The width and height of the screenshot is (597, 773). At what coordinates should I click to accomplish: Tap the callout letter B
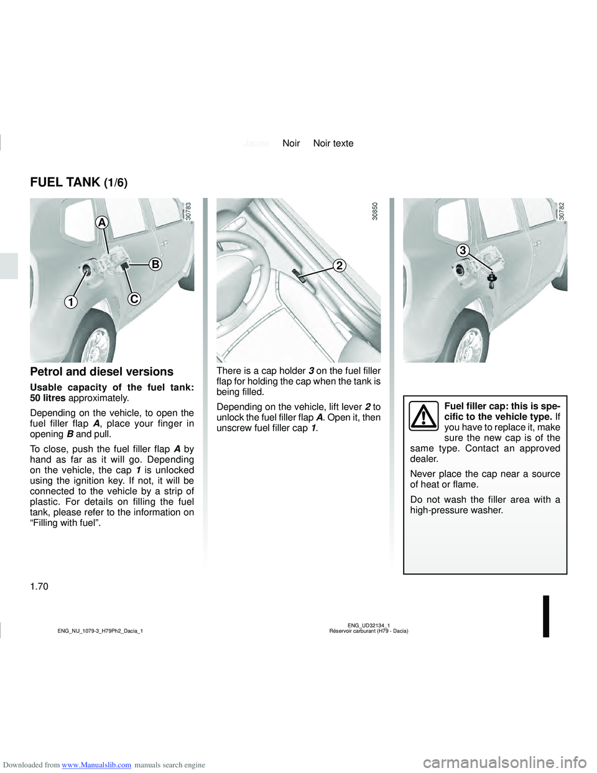155,265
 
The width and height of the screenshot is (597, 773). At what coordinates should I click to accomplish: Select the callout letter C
134,299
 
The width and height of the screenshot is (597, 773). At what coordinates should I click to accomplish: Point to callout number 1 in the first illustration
72,302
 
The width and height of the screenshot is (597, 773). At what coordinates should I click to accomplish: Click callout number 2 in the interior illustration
339,266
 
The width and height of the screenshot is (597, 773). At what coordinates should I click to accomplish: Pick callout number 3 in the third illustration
463,250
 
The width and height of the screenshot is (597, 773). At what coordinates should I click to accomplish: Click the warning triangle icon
423,416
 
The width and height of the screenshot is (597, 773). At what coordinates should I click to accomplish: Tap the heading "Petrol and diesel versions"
101,372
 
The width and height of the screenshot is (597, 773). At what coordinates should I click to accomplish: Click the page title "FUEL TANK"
65,182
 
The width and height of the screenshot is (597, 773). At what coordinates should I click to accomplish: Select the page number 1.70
39,586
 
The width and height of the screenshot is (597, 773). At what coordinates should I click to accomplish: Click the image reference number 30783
188,212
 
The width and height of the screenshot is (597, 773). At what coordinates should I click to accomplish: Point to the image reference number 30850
375,212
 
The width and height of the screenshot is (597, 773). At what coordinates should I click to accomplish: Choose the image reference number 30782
562,212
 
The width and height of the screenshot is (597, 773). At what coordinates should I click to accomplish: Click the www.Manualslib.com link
96,765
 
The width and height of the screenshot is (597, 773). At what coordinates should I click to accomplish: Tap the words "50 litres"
48,398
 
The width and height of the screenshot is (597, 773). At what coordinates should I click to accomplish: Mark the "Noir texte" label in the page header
333,143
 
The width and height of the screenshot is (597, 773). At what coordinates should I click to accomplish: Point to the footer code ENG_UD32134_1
368,625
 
